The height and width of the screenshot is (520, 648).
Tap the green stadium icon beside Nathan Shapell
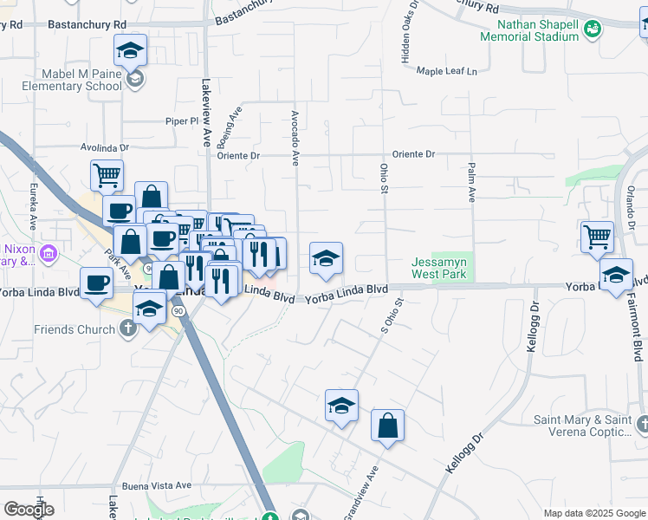pyautogui.click(x=593, y=30)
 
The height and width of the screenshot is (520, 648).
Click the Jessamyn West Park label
pyautogui.click(x=439, y=268)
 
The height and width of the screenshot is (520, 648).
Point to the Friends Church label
pyautogui.click(x=75, y=329)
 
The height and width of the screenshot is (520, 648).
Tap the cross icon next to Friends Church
pyautogui.click(x=128, y=328)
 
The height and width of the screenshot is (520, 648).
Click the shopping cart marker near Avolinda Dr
pyautogui.click(x=107, y=174)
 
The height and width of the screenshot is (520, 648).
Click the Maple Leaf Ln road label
pyautogui.click(x=447, y=71)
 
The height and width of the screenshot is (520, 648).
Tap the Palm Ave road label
pyautogui.click(x=472, y=182)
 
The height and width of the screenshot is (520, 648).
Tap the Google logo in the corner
pyautogui.click(x=29, y=510)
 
